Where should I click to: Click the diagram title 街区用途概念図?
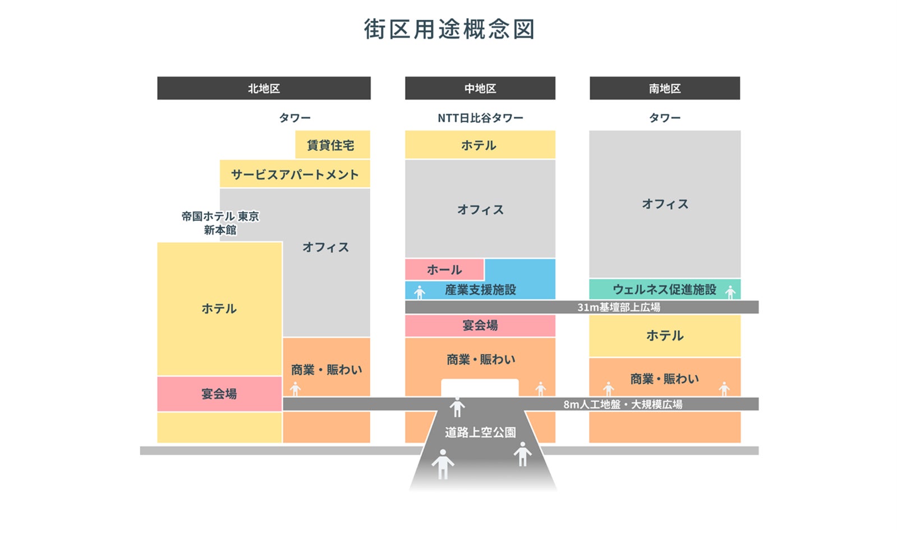[449, 29]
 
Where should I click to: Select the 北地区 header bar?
[264, 89]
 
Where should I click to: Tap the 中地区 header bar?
[480, 89]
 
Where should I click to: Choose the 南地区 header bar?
[665, 89]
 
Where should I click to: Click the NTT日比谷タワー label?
[480, 118]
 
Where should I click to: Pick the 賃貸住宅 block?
[332, 145]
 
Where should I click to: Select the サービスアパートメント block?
[295, 174]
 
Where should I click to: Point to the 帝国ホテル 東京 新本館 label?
[220, 223]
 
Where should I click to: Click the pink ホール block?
[444, 270]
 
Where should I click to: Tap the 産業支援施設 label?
[480, 290]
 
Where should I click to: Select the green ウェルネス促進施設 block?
[664, 289]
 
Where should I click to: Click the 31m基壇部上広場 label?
[619, 307]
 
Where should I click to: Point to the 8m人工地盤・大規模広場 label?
[623, 404]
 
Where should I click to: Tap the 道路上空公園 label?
[480, 432]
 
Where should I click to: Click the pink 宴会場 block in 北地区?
[219, 394]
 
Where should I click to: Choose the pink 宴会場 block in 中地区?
[480, 325]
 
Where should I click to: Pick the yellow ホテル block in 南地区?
[665, 335]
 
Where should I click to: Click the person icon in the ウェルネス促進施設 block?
[730, 292]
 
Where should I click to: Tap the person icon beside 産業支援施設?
[420, 292]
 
